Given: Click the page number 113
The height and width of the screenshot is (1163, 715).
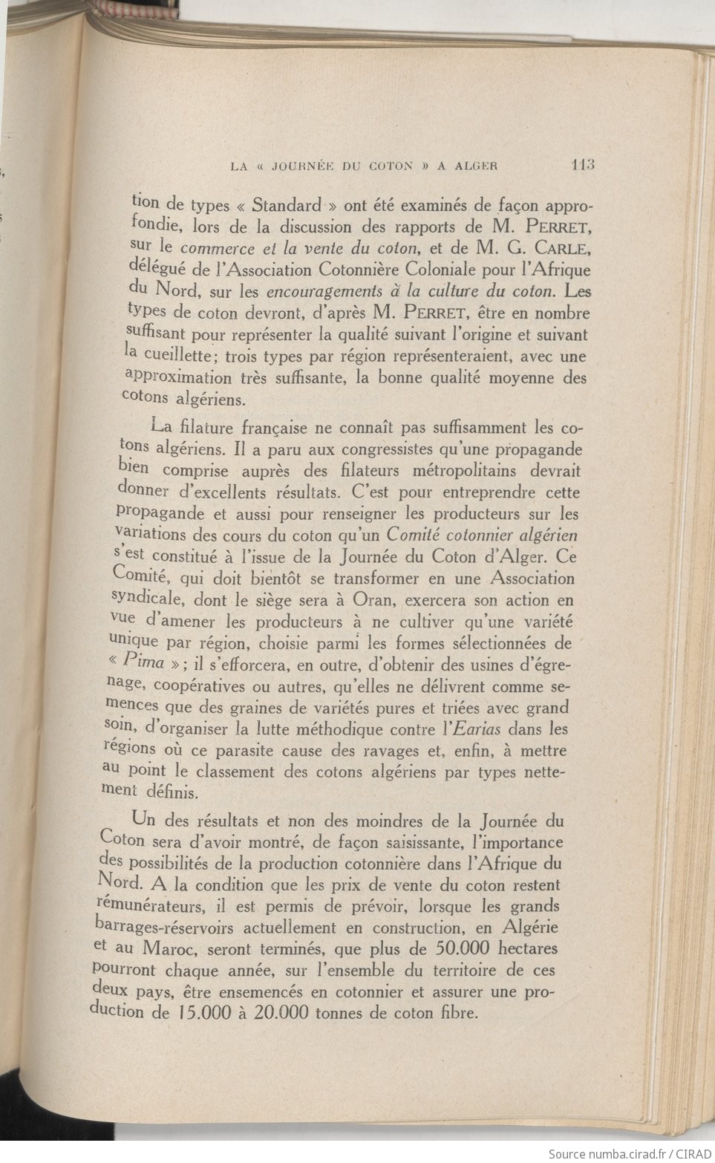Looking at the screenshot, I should click(584, 165).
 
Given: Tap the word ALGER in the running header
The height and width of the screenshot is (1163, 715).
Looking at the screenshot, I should click(474, 166).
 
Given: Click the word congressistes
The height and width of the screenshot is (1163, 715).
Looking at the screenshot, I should click(385, 449).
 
